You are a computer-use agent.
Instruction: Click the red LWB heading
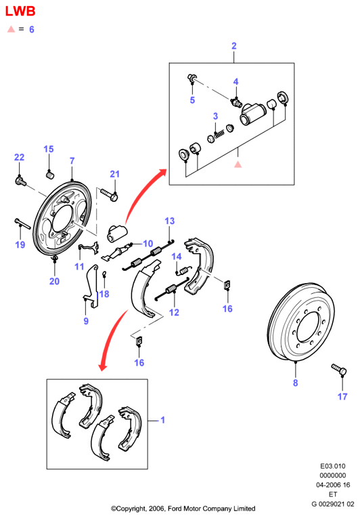coord(20,12)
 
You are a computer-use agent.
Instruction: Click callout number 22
coord(19,157)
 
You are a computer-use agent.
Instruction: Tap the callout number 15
coord(49,149)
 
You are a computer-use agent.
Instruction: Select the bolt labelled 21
coord(109,194)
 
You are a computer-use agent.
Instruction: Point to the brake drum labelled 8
coord(300,323)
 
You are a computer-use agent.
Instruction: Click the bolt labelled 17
coord(338,369)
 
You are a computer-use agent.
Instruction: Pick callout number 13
coord(169,221)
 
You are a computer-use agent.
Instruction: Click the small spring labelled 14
coord(183,271)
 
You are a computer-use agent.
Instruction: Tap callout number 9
coord(86,321)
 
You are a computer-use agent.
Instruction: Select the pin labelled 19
coord(22,223)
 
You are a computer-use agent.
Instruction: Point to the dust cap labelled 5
coord(192,78)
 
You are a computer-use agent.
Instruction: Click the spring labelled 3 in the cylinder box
coord(219,134)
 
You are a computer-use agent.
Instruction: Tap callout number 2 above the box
coord(234,46)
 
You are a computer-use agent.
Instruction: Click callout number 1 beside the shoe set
coord(162,420)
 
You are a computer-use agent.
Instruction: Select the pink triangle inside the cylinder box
coord(238,164)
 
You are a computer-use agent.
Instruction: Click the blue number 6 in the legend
coord(32,29)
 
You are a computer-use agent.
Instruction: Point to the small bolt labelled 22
coord(20,181)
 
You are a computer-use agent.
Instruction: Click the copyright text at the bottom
coord(183,509)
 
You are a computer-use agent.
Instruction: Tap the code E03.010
coord(332,466)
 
